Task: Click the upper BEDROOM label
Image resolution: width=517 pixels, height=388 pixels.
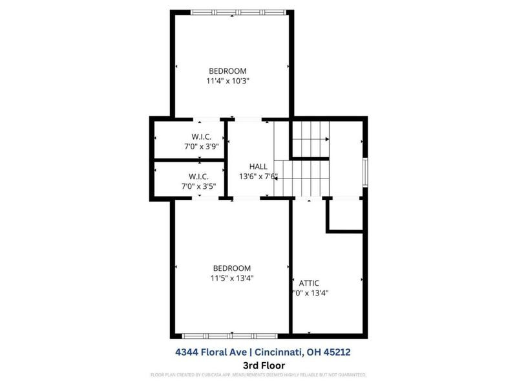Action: tap(227, 70)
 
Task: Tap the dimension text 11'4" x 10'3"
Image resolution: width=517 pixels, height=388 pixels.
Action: tap(227, 81)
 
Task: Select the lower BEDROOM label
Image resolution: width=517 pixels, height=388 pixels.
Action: tap(232, 268)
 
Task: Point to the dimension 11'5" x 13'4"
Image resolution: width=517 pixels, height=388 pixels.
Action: tap(232, 279)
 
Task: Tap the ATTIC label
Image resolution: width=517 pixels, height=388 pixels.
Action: tap(309, 283)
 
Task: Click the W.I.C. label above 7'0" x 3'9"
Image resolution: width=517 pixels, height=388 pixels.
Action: tap(202, 136)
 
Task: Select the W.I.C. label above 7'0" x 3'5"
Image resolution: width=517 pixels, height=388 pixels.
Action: tap(198, 176)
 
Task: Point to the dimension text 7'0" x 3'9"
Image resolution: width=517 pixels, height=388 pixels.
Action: tap(202, 146)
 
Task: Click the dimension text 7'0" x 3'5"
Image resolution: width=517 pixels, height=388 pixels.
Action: tap(198, 186)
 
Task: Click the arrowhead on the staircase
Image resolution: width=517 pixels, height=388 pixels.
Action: tap(328, 139)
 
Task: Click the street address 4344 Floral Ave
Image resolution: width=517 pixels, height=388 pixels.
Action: tap(212, 352)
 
